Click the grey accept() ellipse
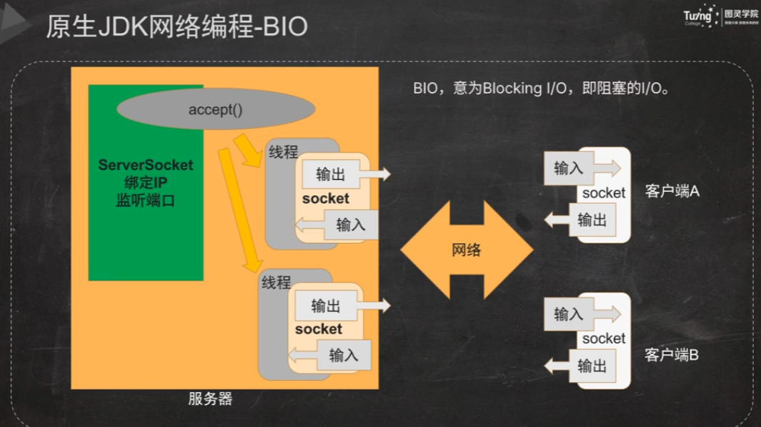[215, 109]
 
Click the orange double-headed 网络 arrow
[466, 250]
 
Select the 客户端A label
[672, 191]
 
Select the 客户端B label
[672, 354]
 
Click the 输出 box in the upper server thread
[330, 174]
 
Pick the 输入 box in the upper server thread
[350, 225]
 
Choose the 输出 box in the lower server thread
[326, 306]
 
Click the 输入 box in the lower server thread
[344, 355]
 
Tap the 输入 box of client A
[569, 169]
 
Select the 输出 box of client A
[592, 220]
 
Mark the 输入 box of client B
[569, 314]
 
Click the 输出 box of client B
[592, 366]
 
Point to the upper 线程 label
[283, 152]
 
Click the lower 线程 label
[276, 282]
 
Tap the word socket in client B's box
[604, 338]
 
